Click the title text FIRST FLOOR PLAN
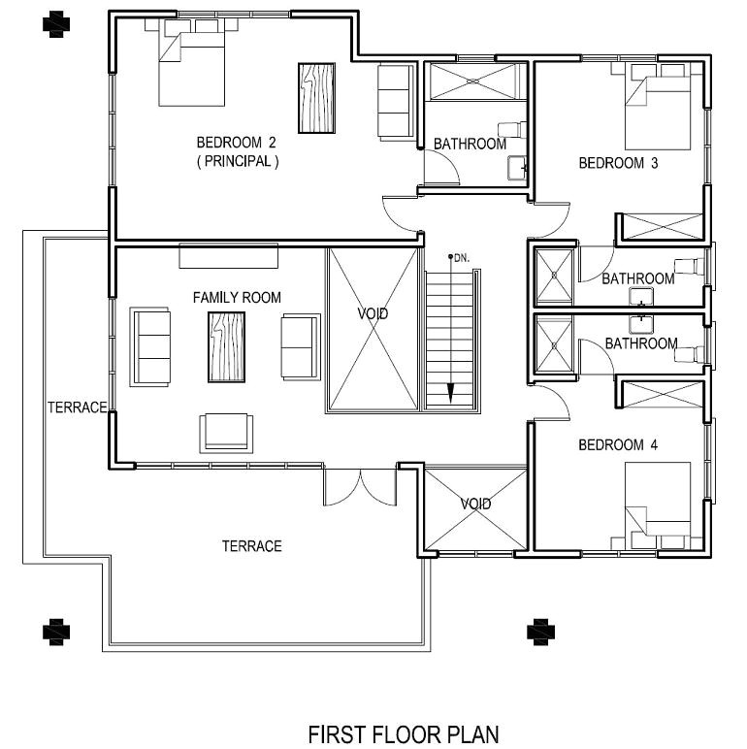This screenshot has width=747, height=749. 404,733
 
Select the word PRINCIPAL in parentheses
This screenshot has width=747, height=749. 238,162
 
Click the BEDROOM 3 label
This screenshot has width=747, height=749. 618,163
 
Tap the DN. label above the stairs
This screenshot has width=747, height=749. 459,258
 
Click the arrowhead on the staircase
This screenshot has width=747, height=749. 451,393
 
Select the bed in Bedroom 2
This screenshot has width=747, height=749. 193,63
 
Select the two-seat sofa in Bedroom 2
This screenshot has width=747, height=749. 394,101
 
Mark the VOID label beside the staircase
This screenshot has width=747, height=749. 373,314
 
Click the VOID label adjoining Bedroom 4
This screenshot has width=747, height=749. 475,504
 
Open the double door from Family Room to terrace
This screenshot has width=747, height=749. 360,487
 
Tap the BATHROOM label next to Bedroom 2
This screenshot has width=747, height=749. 470,144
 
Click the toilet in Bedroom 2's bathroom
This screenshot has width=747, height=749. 512,129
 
